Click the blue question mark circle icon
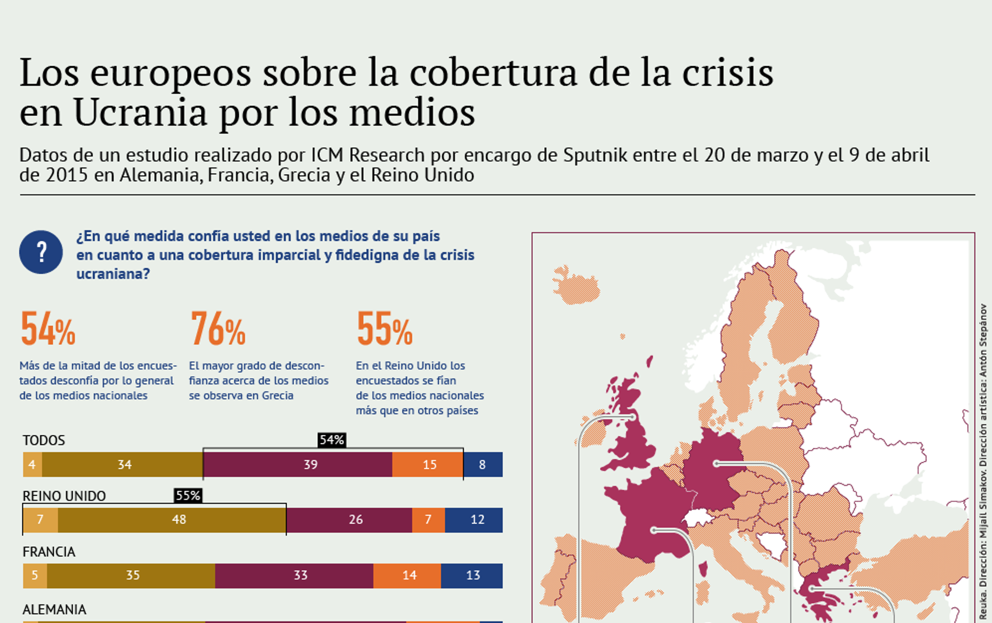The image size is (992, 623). (41, 252)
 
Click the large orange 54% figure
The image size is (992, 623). (48, 329)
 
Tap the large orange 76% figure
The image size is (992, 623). (218, 329)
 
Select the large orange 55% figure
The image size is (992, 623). (384, 329)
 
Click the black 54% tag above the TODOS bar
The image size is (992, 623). (332, 440)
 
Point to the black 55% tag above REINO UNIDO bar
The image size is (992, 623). (188, 495)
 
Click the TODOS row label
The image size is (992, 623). (44, 440)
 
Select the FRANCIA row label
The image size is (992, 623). (49, 552)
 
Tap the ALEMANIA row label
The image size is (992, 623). (54, 610)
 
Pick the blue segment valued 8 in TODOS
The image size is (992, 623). (483, 464)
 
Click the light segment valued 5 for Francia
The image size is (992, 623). (35, 575)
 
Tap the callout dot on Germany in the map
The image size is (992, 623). (716, 464)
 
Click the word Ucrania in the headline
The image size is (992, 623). (140, 113)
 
